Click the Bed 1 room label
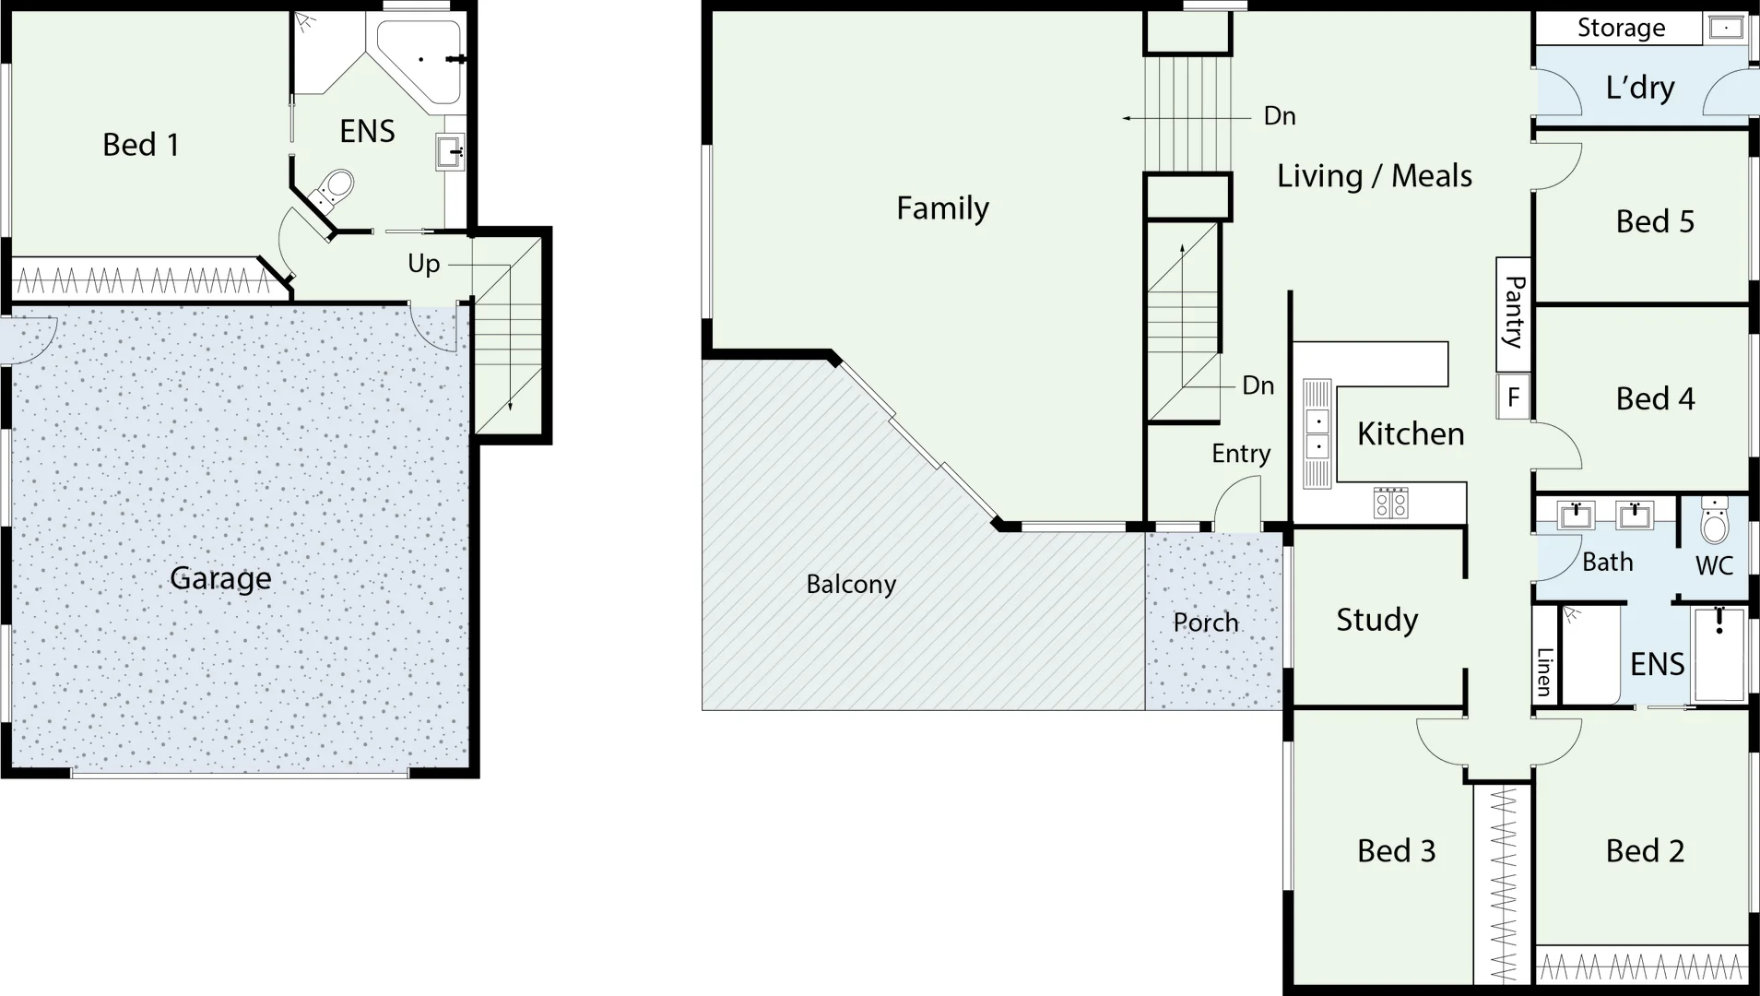[140, 145]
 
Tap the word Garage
[220, 578]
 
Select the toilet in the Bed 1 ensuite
[333, 190]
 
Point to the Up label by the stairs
[423, 264]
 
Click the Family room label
[942, 208]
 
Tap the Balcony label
[850, 584]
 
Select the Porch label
[1205, 622]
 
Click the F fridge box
[1513, 397]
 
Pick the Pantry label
[1513, 312]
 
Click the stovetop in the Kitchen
[1390, 503]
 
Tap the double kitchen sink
[1317, 433]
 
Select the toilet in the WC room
[1714, 522]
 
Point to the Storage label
[1621, 28]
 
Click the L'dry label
[1639, 88]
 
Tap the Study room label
[1376, 620]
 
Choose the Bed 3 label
[1396, 850]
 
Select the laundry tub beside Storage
[1725, 29]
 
